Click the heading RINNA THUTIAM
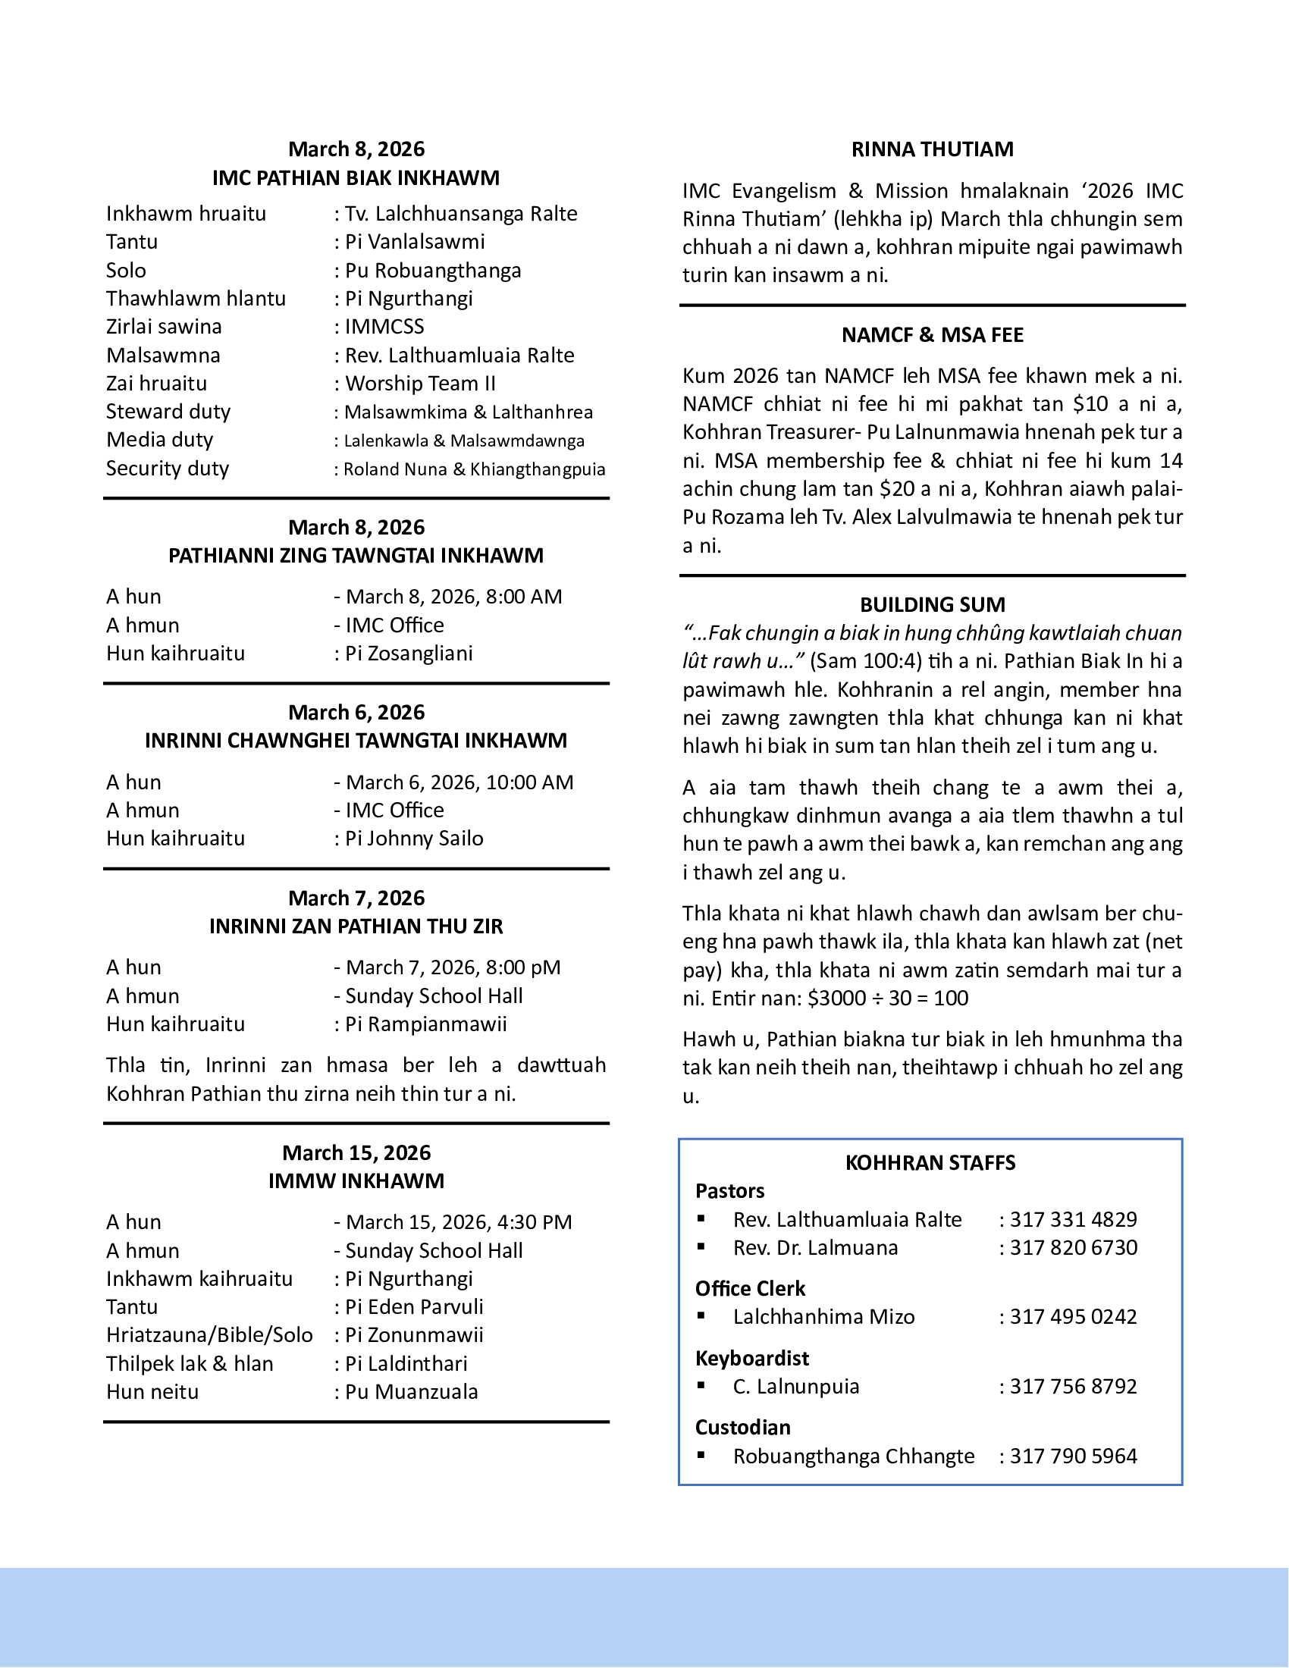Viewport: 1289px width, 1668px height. click(933, 149)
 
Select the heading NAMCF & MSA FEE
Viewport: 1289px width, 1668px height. click(933, 334)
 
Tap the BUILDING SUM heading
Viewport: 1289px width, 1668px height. click(933, 604)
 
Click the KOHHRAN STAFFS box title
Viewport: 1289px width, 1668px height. click(930, 1162)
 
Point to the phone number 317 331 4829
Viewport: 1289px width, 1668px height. click(1073, 1219)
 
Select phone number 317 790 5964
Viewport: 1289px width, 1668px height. click(1073, 1456)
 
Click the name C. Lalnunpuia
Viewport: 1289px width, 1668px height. click(795, 1386)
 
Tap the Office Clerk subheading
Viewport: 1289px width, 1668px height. click(750, 1288)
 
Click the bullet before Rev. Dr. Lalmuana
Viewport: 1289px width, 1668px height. click(701, 1246)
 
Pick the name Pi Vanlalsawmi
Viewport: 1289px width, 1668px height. click(415, 241)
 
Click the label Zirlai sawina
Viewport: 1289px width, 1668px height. click(165, 326)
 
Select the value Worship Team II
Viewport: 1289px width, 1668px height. click(420, 383)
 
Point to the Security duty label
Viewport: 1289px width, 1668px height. click(168, 468)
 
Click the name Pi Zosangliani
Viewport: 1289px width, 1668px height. click(409, 653)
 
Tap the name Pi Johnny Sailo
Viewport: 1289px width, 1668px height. click(414, 838)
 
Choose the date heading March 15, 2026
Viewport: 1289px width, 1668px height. click(356, 1152)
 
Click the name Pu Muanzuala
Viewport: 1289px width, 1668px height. click(411, 1391)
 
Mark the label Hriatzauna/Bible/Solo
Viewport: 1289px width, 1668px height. click(209, 1334)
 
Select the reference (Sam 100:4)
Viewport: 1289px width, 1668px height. click(865, 660)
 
